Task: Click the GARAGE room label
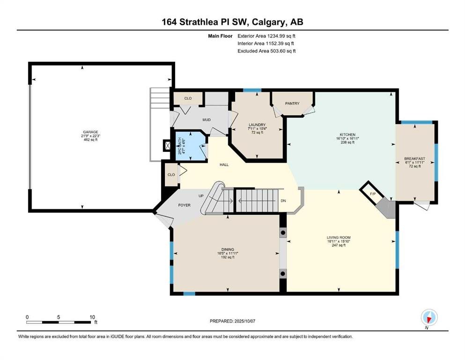[90, 132]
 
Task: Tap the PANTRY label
[292, 104]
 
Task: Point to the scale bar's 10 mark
[92, 317]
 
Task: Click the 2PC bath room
[190, 146]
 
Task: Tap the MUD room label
[207, 120]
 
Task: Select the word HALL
[224, 165]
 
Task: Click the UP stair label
[201, 196]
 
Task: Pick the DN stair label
[283, 201]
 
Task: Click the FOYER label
[184, 205]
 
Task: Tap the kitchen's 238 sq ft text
[347, 142]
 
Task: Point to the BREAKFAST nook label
[414, 159]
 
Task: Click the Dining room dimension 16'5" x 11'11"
[228, 254]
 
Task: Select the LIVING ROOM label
[339, 238]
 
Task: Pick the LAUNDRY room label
[257, 125]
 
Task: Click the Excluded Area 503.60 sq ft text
[266, 51]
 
